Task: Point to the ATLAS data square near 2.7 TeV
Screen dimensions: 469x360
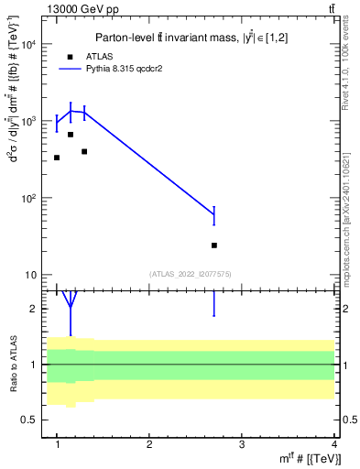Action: (x=214, y=245)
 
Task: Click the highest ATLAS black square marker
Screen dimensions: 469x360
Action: (x=71, y=135)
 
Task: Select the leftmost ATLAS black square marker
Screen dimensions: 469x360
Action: (x=57, y=158)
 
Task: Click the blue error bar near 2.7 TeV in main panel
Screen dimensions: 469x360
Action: (x=214, y=216)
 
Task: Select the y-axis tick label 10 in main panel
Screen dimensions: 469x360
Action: (x=30, y=275)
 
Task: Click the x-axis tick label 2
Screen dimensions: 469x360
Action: (x=149, y=444)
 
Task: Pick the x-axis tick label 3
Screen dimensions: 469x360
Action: (x=241, y=444)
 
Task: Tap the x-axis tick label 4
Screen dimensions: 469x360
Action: (x=333, y=444)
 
